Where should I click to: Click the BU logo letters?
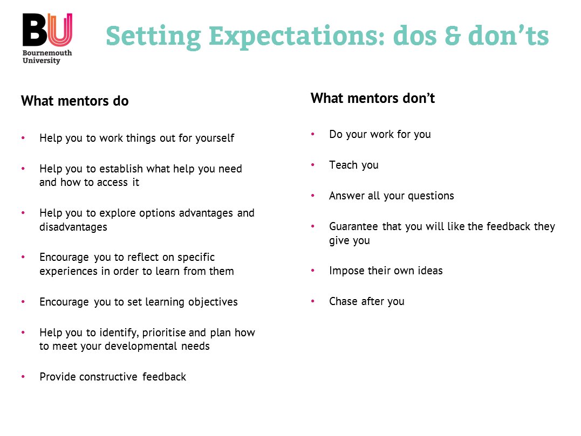click(x=47, y=30)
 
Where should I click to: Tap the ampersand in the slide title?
click(x=453, y=36)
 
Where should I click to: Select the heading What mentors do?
click(x=75, y=101)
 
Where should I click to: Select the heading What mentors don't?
click(x=373, y=98)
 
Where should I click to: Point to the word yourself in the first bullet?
click(x=215, y=138)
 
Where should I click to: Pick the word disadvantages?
click(x=73, y=227)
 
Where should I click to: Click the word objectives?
click(x=213, y=302)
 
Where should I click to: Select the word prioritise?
click(x=164, y=333)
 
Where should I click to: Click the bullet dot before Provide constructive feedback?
click(x=23, y=377)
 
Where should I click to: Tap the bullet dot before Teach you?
click(x=313, y=165)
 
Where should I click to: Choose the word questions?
click(x=431, y=196)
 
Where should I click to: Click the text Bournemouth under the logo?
click(x=47, y=53)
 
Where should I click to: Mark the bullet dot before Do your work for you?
click(x=313, y=134)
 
